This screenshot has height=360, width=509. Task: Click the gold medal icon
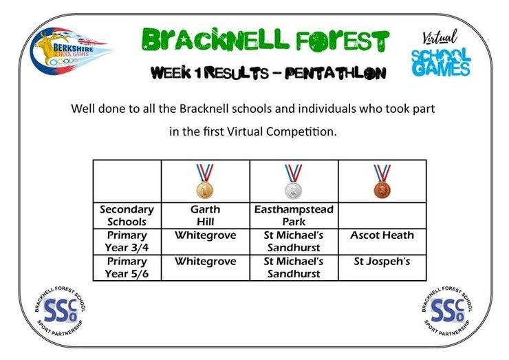tap(205, 181)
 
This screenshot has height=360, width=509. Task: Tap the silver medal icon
tap(294, 181)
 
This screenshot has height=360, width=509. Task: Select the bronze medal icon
tap(382, 181)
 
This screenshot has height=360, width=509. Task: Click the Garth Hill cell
tap(206, 215)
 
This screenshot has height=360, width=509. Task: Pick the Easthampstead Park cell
tap(294, 215)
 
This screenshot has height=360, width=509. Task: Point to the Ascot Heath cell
tap(382, 242)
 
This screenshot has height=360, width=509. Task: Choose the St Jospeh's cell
tap(382, 268)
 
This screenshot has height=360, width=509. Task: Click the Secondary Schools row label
tap(127, 215)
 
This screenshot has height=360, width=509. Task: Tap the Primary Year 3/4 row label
tap(127, 242)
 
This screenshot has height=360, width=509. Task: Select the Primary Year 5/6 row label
tap(127, 268)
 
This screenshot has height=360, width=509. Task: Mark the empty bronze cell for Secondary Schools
tap(382, 215)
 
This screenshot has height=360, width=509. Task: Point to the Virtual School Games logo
tap(440, 53)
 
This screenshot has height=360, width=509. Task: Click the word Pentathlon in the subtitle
tap(336, 73)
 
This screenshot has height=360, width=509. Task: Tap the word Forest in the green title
tap(342, 41)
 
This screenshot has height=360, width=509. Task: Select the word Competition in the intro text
tap(301, 131)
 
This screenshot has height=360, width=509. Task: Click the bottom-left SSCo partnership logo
tap(61, 311)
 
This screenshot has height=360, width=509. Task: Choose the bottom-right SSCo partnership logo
tap(447, 310)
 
